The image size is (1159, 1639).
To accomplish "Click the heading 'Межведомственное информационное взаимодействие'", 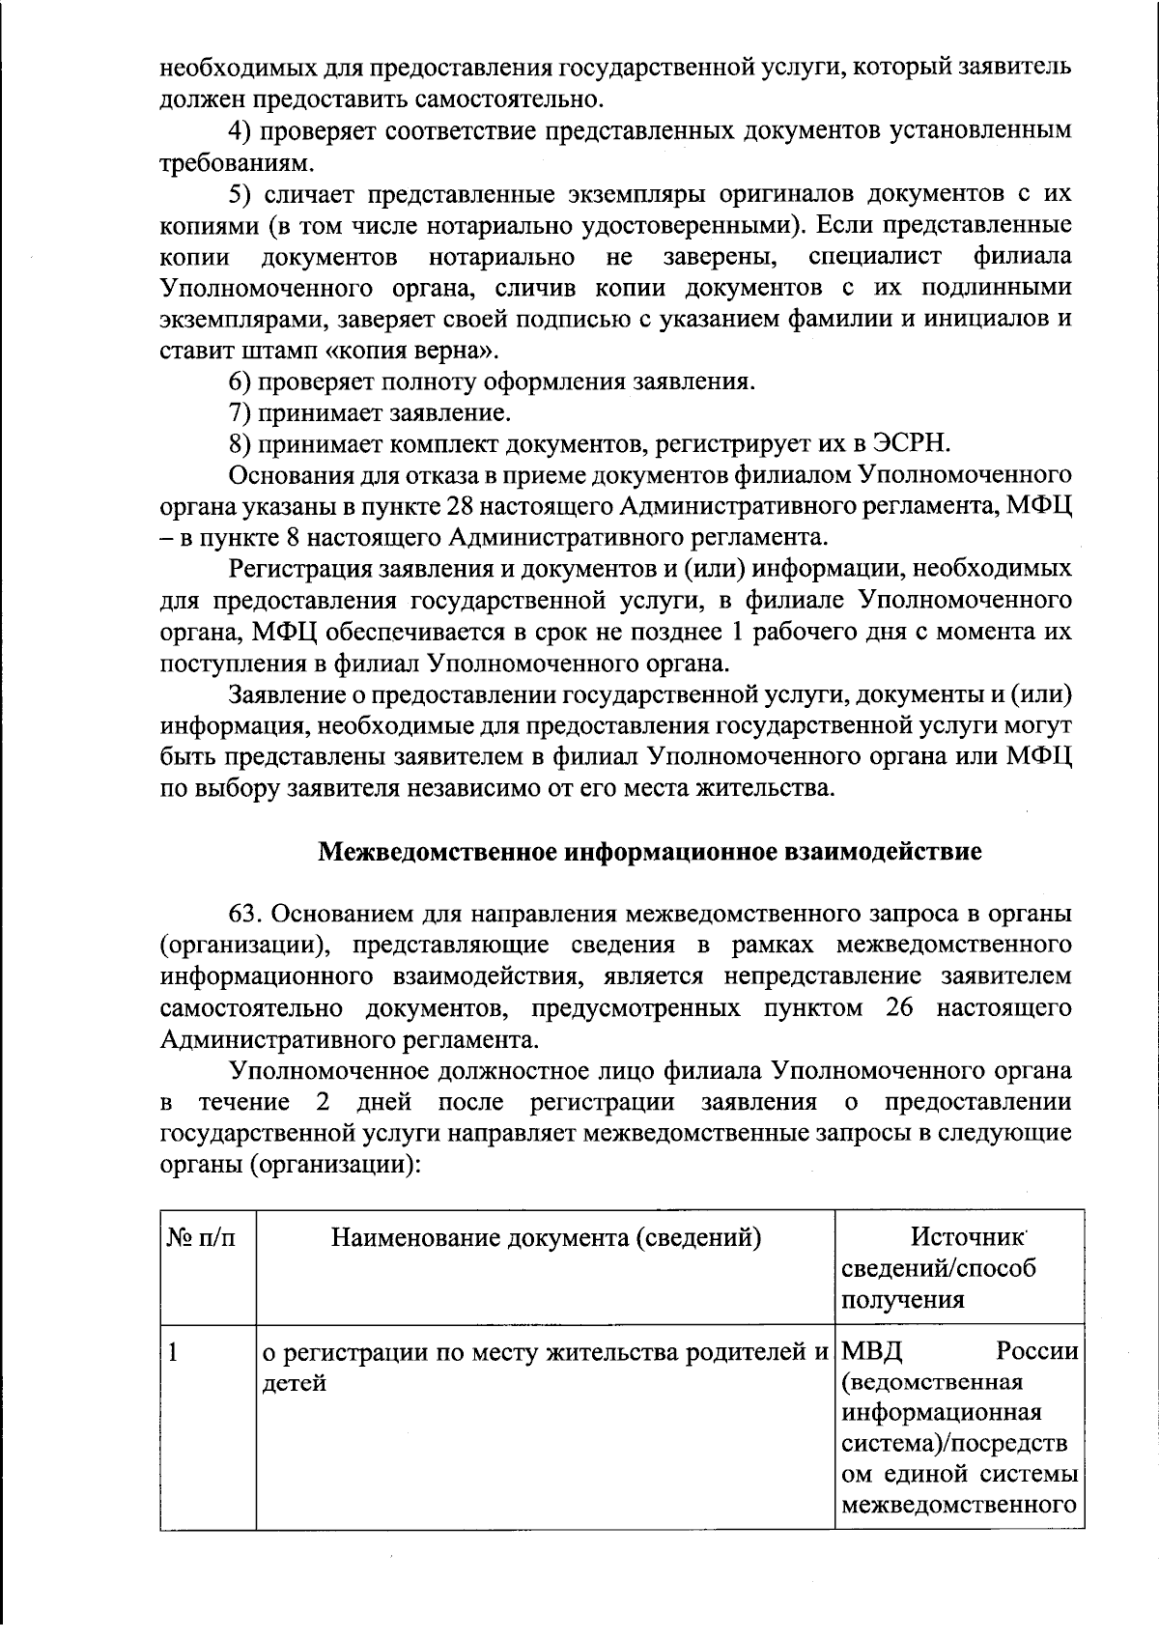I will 650,852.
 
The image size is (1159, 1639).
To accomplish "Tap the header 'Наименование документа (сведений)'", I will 546,1237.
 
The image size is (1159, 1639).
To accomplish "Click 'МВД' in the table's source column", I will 872,1351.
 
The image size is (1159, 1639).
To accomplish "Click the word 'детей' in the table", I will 295,1383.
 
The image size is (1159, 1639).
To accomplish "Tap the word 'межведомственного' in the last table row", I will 959,1505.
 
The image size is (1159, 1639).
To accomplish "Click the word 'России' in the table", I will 1037,1351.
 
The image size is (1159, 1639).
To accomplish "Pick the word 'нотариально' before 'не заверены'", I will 502,257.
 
